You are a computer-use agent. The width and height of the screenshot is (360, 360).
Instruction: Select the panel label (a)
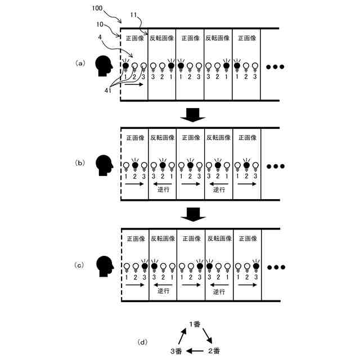click(80, 64)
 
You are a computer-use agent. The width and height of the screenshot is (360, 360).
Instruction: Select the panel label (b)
click(80, 163)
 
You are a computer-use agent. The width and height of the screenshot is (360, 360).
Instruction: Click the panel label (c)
click(80, 263)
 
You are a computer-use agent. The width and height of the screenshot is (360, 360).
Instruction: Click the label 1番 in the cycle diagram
click(195, 324)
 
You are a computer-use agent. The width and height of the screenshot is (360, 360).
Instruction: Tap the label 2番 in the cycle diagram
click(214, 351)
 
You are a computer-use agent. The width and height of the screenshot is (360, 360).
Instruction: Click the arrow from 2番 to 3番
click(195, 351)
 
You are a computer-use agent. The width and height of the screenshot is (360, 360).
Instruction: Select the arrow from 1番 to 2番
click(208, 336)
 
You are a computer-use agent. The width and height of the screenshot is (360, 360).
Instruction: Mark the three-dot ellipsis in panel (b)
click(276, 166)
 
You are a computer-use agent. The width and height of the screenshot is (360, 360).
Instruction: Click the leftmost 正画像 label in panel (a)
click(134, 38)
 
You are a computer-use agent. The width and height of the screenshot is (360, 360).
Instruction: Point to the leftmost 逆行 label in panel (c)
click(163, 291)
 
